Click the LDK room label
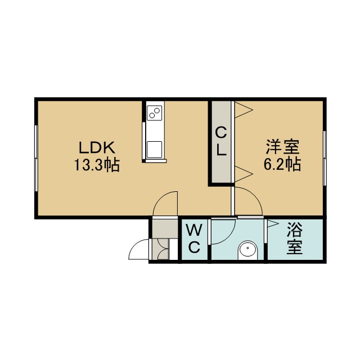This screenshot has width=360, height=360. tap(97, 148)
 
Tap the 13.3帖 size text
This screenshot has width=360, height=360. tap(97, 165)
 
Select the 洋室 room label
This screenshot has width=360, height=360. tap(282, 147)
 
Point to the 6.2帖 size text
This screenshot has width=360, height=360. tap(282, 164)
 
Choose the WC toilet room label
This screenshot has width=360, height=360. tap(194, 239)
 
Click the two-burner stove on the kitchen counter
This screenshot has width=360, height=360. tap(155, 112)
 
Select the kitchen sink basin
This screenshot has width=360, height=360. tap(154, 150)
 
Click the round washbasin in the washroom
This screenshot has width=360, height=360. tap(248, 249)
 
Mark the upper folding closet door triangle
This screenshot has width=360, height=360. tap(244, 110)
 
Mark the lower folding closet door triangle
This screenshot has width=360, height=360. tap(244, 174)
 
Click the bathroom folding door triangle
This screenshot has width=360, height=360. tap(273, 223)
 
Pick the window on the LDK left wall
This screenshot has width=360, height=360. tap(36, 158)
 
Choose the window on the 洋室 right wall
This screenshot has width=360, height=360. tap(325, 158)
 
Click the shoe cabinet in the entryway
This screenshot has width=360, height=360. tap(160, 249)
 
